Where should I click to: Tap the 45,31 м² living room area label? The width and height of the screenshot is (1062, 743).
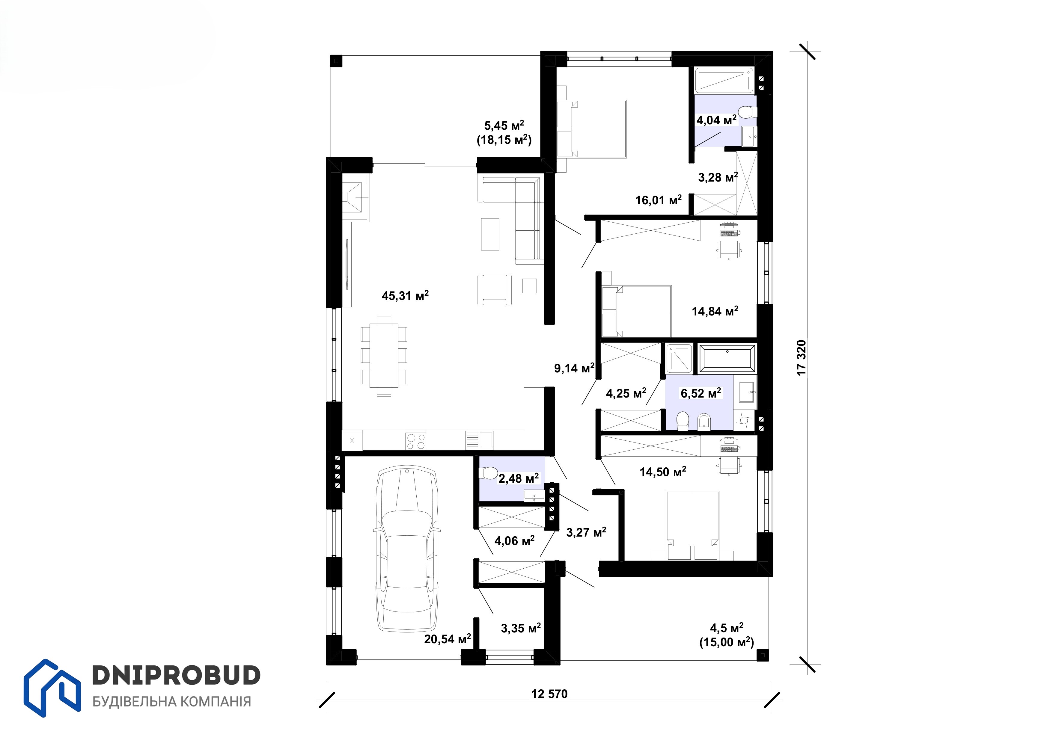(x=405, y=295)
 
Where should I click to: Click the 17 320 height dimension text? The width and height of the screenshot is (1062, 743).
(x=802, y=358)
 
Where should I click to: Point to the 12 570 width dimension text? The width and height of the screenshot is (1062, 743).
(x=549, y=694)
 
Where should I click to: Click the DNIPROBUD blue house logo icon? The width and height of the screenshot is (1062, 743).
(x=52, y=688)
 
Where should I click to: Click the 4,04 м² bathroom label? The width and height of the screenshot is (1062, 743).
(x=716, y=120)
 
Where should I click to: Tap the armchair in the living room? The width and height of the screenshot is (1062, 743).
(x=495, y=290)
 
